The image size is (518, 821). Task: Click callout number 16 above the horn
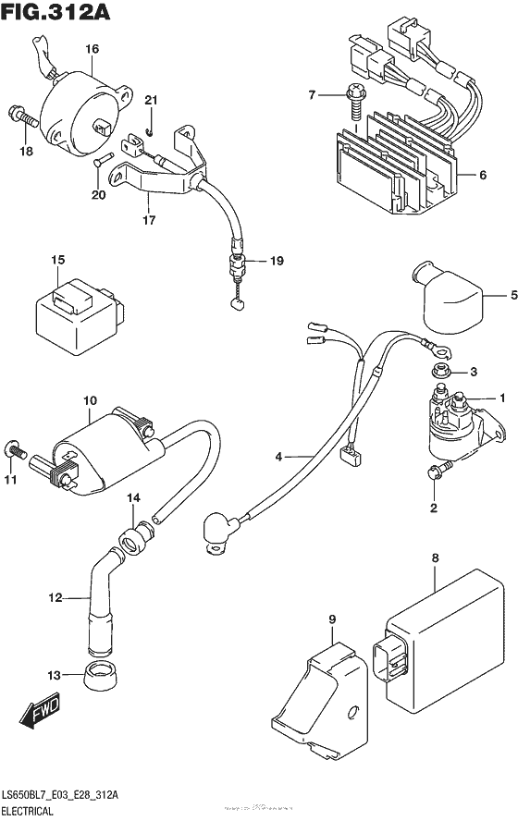pos(92,48)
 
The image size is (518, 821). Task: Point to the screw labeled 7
pos(353,96)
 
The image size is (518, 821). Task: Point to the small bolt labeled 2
pos(434,473)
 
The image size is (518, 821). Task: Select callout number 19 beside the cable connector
pos(275,262)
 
